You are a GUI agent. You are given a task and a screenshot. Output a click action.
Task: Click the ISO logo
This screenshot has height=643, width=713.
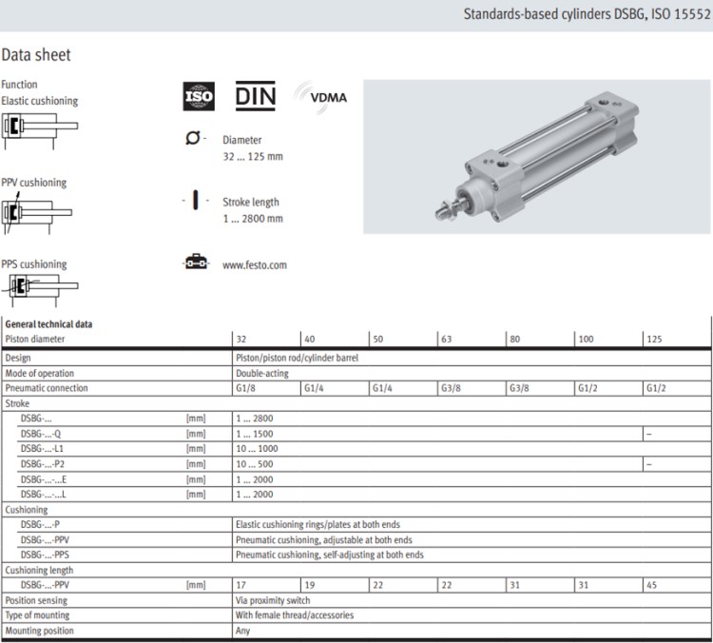[x=199, y=96]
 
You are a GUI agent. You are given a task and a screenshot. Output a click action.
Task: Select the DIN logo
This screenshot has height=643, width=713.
[x=256, y=96]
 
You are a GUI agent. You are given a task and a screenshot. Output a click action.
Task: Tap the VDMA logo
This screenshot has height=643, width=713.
[x=321, y=97]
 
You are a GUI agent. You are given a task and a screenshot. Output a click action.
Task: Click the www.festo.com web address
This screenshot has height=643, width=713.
[x=255, y=265]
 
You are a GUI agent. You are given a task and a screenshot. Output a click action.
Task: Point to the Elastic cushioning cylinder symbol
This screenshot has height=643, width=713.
[x=40, y=130]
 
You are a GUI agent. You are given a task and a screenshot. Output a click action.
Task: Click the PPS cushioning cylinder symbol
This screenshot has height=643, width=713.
[x=40, y=290]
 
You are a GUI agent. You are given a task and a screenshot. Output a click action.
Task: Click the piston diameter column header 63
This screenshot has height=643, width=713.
[x=447, y=339]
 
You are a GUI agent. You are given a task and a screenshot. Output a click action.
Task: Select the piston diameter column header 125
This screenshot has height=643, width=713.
[x=654, y=339]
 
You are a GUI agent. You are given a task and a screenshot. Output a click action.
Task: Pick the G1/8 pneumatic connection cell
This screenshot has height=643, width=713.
[x=245, y=388]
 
